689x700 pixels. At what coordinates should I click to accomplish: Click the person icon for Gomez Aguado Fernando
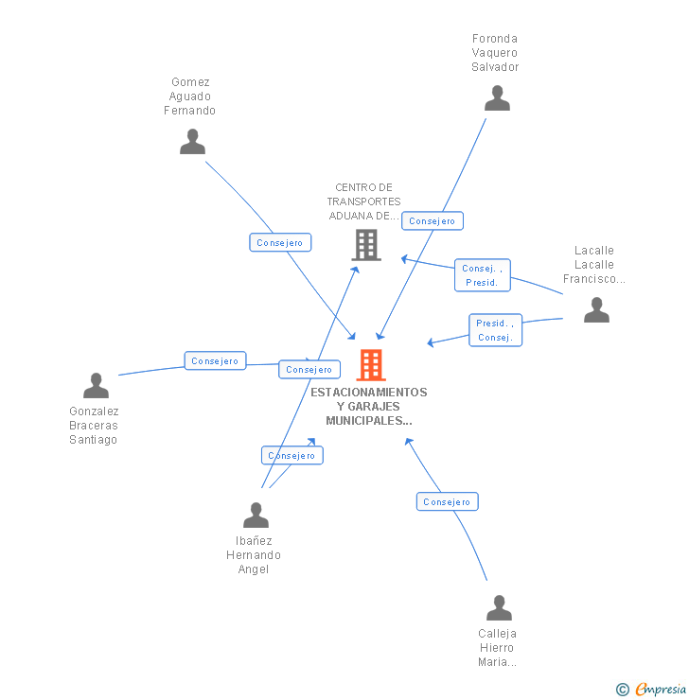pyautogui.click(x=192, y=142)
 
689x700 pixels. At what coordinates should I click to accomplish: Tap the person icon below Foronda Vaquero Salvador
pyautogui.click(x=497, y=98)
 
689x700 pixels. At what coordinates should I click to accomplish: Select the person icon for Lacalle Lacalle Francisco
pyautogui.click(x=596, y=310)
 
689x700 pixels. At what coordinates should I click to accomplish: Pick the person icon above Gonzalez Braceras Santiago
pyautogui.click(x=96, y=386)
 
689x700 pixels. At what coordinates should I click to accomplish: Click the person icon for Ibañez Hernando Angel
pyautogui.click(x=256, y=516)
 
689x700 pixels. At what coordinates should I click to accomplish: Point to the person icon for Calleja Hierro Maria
pyautogui.click(x=499, y=608)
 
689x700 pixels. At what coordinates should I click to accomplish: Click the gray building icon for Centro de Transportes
pyautogui.click(x=366, y=245)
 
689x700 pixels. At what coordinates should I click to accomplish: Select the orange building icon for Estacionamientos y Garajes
pyautogui.click(x=371, y=364)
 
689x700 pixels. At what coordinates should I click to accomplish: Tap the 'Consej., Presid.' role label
pyautogui.click(x=482, y=275)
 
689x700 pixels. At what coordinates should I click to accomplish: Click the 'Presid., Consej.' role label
pyautogui.click(x=495, y=330)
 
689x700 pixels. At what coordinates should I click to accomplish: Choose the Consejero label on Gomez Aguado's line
pyautogui.click(x=279, y=243)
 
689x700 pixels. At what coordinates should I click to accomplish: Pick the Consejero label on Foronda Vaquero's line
pyautogui.click(x=433, y=221)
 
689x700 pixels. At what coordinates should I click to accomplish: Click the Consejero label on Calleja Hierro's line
pyautogui.click(x=447, y=502)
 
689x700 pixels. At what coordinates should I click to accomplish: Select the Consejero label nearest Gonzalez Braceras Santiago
pyautogui.click(x=215, y=361)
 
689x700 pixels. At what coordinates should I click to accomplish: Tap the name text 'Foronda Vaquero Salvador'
pyautogui.click(x=495, y=53)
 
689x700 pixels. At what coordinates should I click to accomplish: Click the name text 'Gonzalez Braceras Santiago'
pyautogui.click(x=94, y=426)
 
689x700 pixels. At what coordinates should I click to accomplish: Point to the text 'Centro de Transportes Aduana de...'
pyautogui.click(x=364, y=201)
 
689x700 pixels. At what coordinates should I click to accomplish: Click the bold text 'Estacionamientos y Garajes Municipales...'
pyautogui.click(x=369, y=406)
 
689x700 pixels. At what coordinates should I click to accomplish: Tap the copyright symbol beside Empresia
pyautogui.click(x=622, y=690)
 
